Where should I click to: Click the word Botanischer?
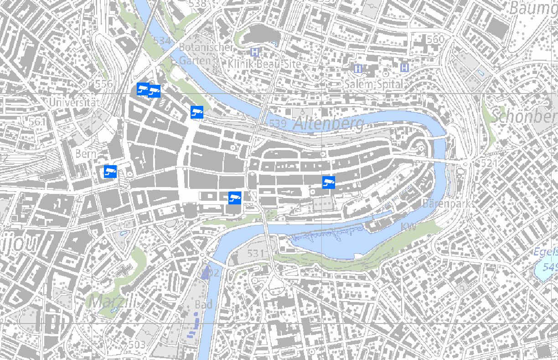[x=206, y=47]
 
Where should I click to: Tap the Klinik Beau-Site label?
[x=265, y=63]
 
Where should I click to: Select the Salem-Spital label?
[x=374, y=84]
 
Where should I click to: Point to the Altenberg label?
[x=328, y=123]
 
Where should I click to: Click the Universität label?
[x=73, y=102]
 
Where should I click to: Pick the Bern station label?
[x=86, y=154]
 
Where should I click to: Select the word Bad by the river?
[x=203, y=304]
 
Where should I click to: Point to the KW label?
[x=408, y=226]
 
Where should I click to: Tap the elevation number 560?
[x=435, y=39]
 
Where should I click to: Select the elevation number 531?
[x=256, y=253]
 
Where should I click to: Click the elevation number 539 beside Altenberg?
[x=278, y=123]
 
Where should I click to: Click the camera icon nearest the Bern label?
[x=110, y=171]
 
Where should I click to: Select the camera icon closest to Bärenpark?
[x=329, y=183]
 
